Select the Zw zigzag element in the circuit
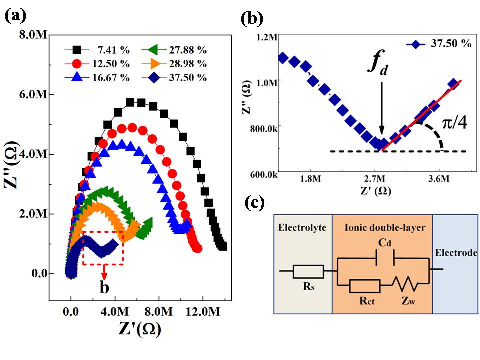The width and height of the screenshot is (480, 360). [405, 286]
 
